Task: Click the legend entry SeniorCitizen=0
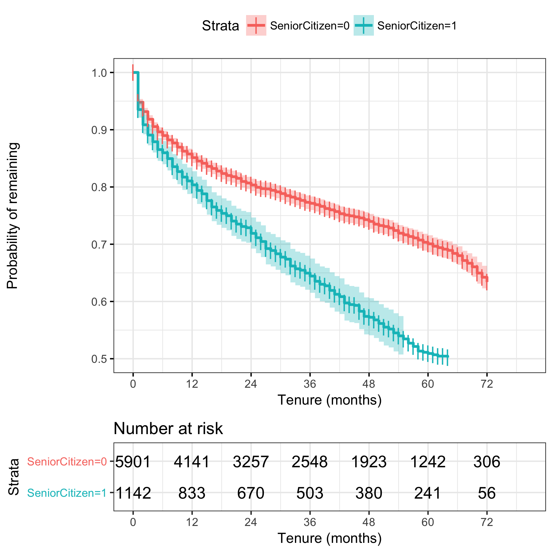pyautogui.click(x=309, y=26)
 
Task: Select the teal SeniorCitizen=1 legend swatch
pyautogui.click(x=363, y=25)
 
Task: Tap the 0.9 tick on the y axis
pyautogui.click(x=98, y=130)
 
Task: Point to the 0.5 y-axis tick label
pyautogui.click(x=98, y=359)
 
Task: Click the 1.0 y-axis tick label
pyautogui.click(x=98, y=73)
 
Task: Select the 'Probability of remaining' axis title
pyautogui.click(x=13, y=216)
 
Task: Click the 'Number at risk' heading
pyautogui.click(x=168, y=429)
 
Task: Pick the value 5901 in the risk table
pyautogui.click(x=133, y=462)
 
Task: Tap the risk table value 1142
pyautogui.click(x=133, y=493)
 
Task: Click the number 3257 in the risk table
pyautogui.click(x=251, y=462)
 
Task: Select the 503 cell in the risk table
pyautogui.click(x=310, y=493)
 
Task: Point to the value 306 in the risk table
pyautogui.click(x=487, y=462)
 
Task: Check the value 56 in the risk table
pyautogui.click(x=487, y=493)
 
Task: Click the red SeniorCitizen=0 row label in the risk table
pyautogui.click(x=67, y=462)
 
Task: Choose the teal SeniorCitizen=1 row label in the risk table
pyautogui.click(x=67, y=493)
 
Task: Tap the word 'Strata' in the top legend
pyautogui.click(x=220, y=26)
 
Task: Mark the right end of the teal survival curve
pyautogui.click(x=448, y=356)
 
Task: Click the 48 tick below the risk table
pyautogui.click(x=369, y=522)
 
